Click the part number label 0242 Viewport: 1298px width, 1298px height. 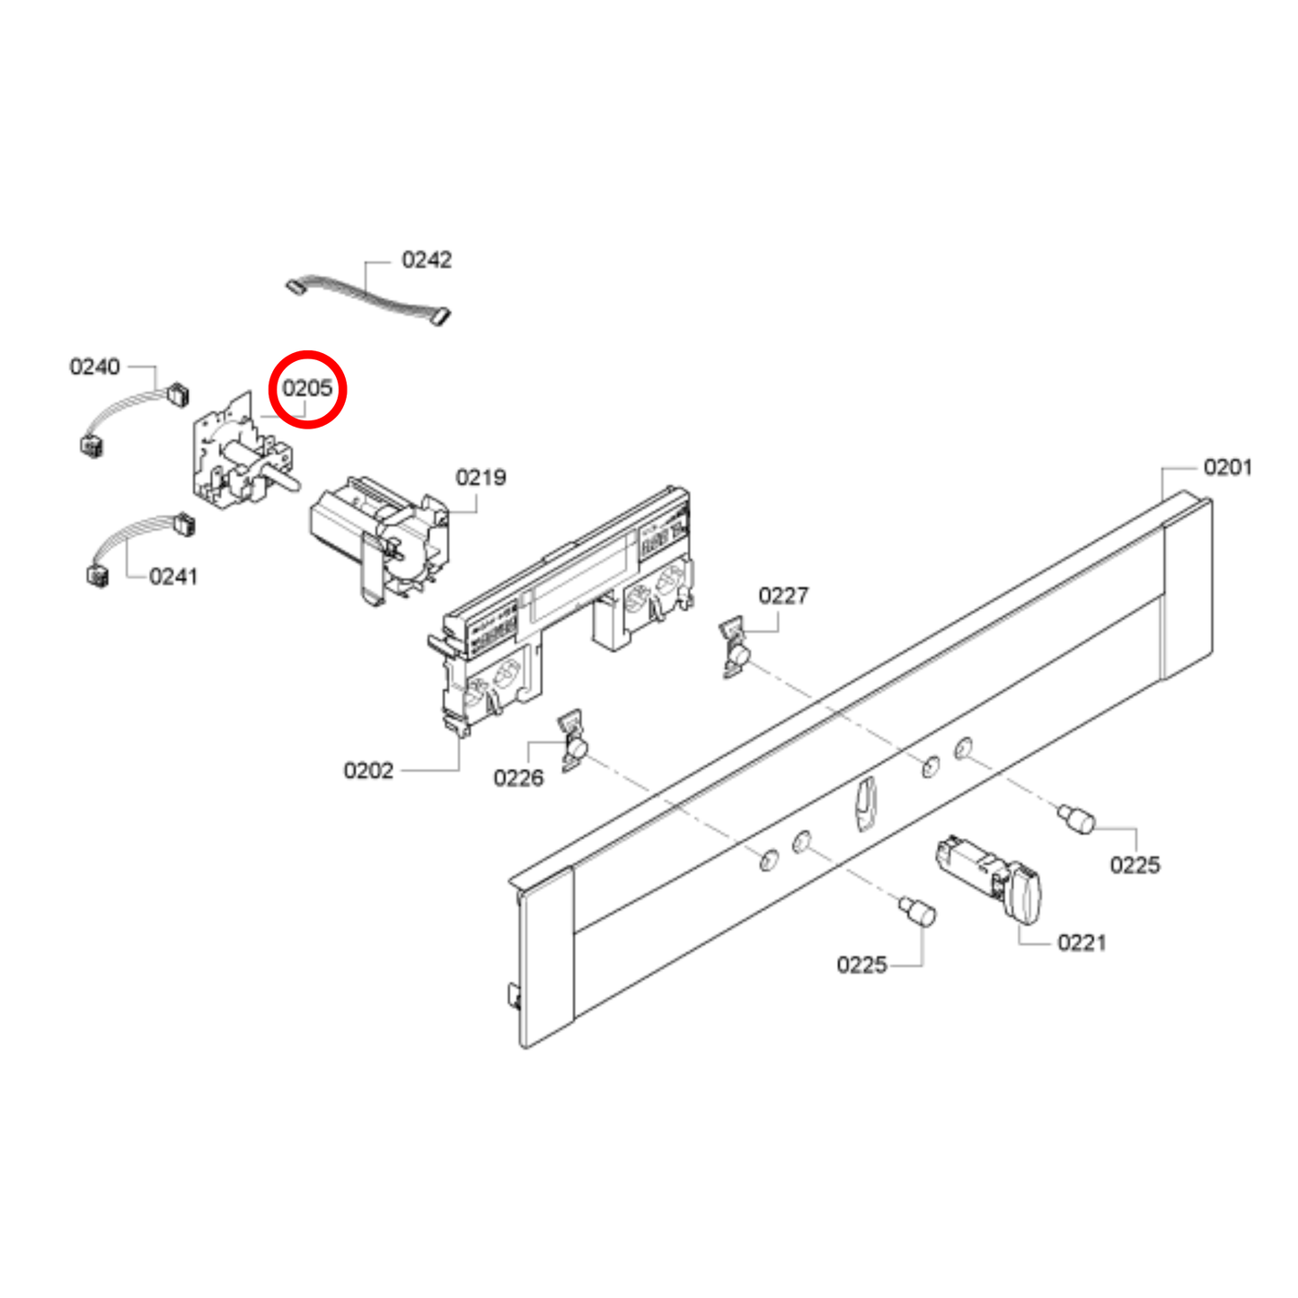(427, 260)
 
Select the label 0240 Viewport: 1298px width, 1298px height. (94, 366)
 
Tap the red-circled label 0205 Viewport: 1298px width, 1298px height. (307, 389)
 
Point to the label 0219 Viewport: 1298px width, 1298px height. (481, 478)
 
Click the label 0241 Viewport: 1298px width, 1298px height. (173, 577)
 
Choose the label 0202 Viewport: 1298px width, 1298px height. (368, 771)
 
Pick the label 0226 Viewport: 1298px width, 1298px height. (518, 778)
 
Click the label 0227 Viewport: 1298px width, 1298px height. (783, 596)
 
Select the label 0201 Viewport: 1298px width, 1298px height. (1227, 467)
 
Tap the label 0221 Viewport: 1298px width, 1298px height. (1082, 942)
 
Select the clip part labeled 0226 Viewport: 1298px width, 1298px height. (572, 742)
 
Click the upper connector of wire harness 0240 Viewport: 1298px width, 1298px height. (179, 393)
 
